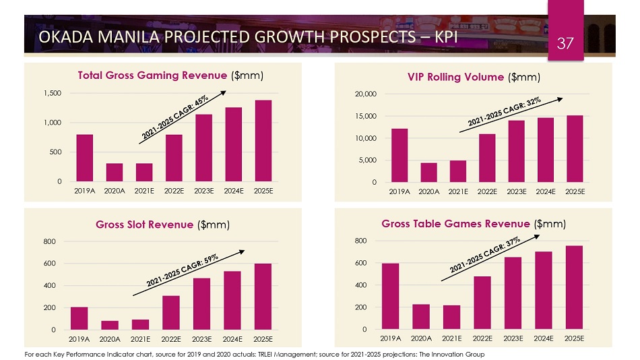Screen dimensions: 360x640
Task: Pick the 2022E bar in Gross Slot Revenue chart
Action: [x=170, y=313]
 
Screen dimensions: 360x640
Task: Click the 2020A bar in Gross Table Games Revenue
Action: [x=420, y=317]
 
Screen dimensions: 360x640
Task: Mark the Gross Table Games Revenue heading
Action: [x=456, y=224]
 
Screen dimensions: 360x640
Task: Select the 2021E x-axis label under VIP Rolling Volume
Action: [x=458, y=191]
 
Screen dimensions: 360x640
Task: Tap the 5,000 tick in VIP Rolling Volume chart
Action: [x=364, y=160]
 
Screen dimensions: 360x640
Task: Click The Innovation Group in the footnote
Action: [x=458, y=354]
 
